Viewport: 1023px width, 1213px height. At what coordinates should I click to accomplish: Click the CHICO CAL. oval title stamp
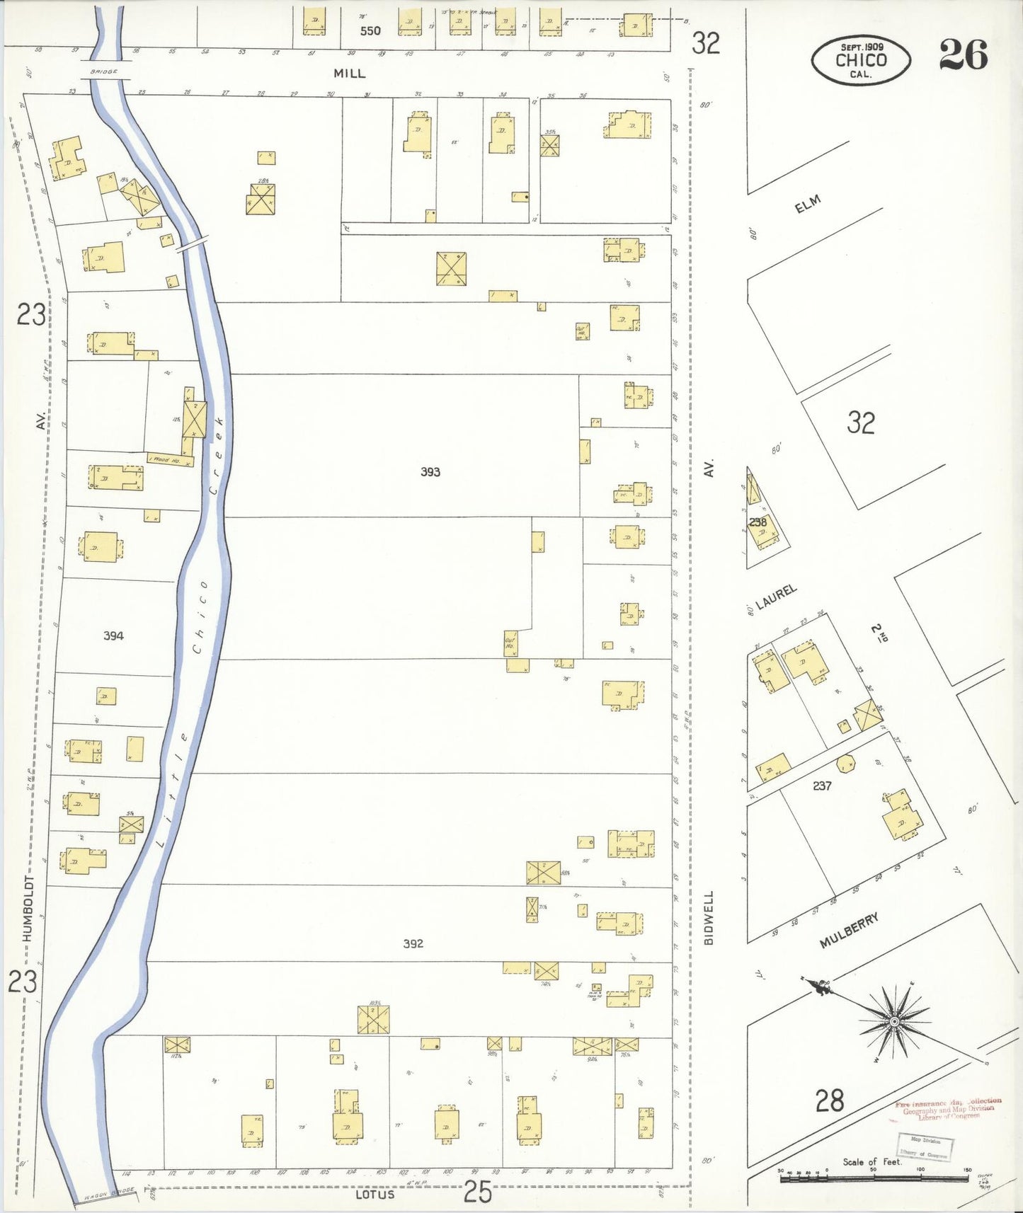(x=860, y=60)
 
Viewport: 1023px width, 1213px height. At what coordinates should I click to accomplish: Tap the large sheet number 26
(x=963, y=54)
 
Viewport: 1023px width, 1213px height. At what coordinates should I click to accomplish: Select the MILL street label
(x=350, y=74)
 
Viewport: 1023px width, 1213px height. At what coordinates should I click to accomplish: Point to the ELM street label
(x=807, y=205)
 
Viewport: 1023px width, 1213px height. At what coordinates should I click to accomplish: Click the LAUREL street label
(x=776, y=597)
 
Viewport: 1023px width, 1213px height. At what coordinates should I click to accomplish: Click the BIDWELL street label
(x=709, y=917)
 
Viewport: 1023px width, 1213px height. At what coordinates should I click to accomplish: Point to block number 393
(x=430, y=472)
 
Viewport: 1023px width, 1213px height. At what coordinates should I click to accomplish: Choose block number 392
(x=413, y=943)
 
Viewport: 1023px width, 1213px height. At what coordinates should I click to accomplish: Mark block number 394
(x=113, y=636)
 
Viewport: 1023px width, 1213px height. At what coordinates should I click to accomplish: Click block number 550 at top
(x=370, y=31)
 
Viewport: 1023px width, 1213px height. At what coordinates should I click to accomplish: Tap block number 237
(x=821, y=786)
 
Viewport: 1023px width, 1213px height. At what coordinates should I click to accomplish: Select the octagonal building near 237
(x=845, y=764)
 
